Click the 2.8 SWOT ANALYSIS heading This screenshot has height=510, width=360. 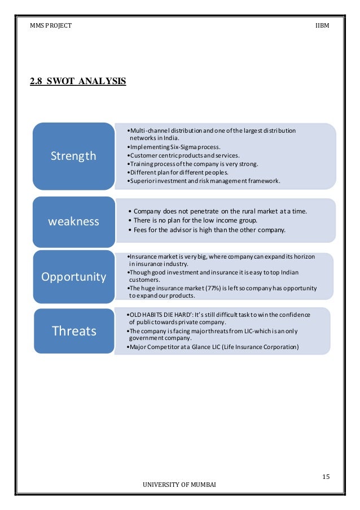coord(78,82)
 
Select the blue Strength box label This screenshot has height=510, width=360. coord(73,156)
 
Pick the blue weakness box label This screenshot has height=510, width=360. coord(73,221)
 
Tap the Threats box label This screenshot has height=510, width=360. coord(74,331)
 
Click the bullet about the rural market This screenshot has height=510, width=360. coord(217,211)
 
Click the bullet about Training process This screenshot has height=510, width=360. coord(194,164)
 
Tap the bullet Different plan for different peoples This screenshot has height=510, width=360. coord(180,172)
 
